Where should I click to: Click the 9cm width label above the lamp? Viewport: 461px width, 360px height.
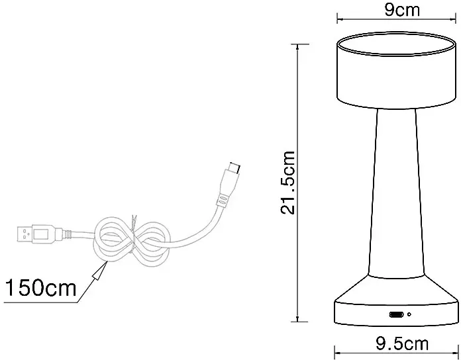(402, 10)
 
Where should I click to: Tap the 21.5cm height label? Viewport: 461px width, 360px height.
(288, 183)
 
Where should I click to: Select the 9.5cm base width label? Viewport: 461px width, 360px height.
(402, 343)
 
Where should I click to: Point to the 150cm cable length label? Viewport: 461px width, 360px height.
(41, 287)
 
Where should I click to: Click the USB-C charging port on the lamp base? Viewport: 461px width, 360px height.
(396, 314)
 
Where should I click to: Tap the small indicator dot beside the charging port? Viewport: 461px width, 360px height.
(409, 314)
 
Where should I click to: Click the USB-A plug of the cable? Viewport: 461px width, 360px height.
(36, 234)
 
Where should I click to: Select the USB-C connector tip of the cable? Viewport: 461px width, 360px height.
(235, 168)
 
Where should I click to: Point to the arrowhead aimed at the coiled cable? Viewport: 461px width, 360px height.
(99, 269)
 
